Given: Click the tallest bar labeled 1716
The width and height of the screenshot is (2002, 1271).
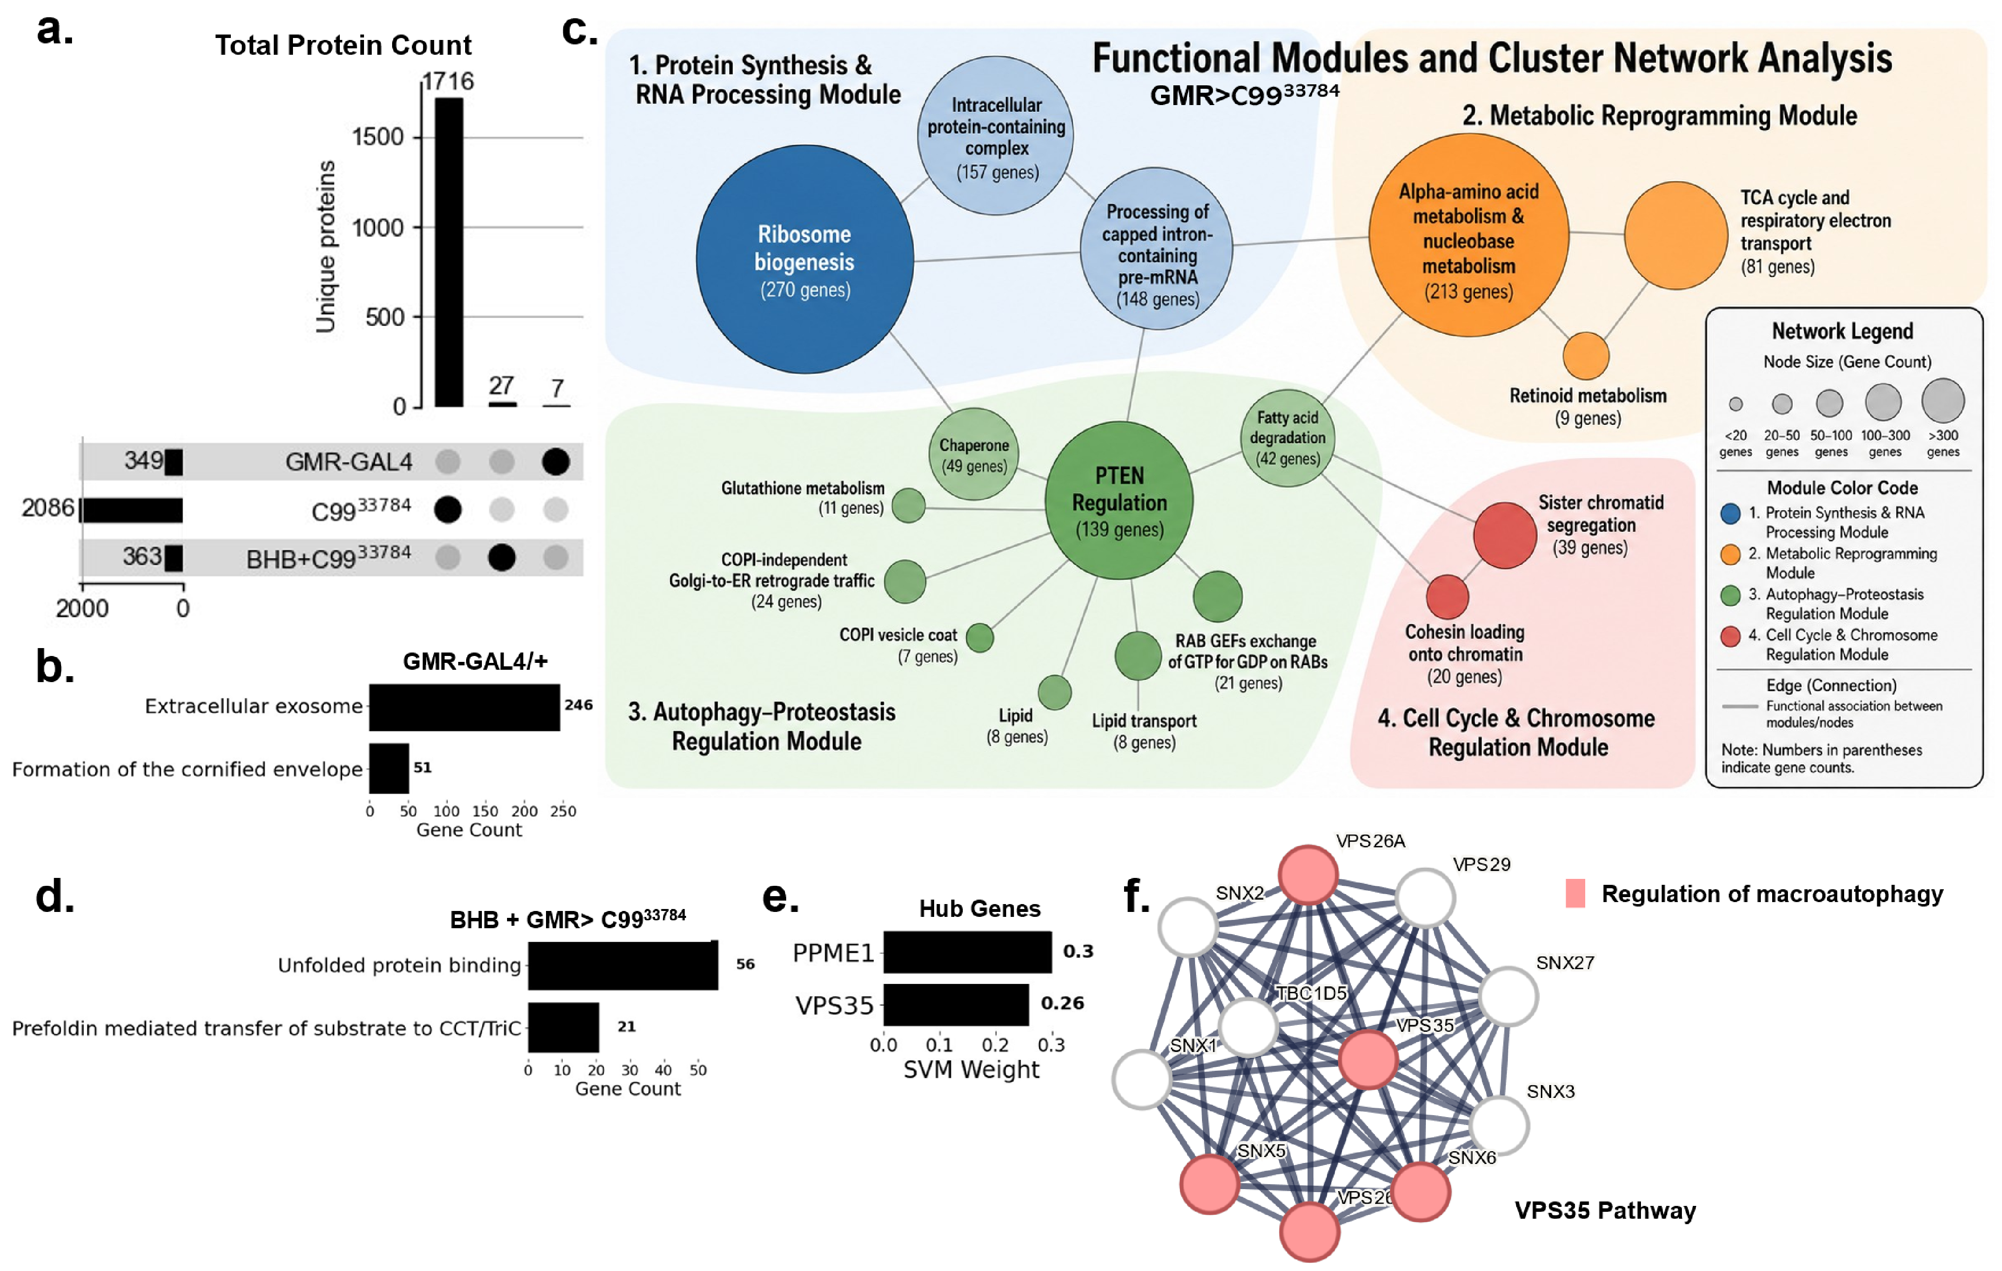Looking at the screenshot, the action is [449, 252].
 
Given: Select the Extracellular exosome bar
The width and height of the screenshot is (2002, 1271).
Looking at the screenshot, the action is [465, 707].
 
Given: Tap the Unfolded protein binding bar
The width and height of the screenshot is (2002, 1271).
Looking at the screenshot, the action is [623, 965].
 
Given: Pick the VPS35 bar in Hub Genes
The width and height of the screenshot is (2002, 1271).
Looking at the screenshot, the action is [956, 1004].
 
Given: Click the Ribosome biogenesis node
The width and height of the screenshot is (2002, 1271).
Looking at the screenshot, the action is [805, 259].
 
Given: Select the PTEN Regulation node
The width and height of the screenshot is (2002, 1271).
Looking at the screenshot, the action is [1119, 501].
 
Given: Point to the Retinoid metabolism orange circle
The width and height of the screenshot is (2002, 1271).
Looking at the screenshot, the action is [1585, 356].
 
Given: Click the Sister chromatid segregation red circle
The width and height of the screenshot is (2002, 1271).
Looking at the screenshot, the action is [1505, 535].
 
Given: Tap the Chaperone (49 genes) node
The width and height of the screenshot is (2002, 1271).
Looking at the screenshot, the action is [974, 454].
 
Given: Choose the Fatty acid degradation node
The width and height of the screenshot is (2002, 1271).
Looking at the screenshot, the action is [1287, 438].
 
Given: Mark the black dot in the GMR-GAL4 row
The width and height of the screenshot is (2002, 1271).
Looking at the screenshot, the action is [555, 461].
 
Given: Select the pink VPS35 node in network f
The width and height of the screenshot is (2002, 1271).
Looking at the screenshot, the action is [1368, 1059].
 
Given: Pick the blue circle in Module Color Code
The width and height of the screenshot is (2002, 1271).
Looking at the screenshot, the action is [1730, 513].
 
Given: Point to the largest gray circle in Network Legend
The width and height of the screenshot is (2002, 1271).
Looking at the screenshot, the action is [1943, 400].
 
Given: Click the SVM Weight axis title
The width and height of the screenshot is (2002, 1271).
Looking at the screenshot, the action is [971, 1070].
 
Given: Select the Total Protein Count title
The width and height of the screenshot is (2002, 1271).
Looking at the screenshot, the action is [343, 45].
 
